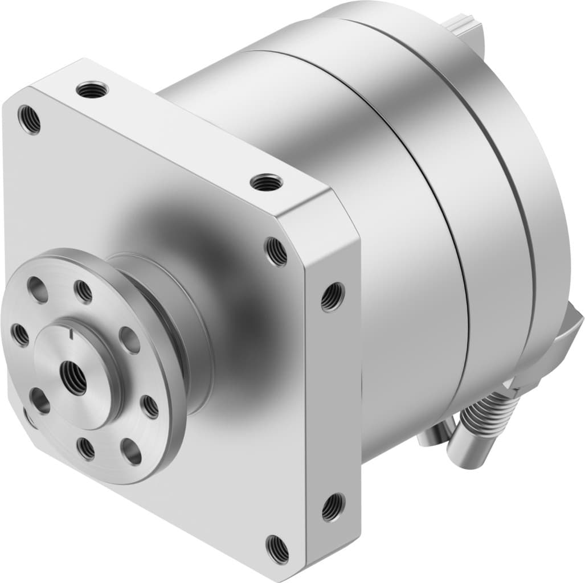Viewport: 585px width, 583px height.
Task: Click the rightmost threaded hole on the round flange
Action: click(150, 406)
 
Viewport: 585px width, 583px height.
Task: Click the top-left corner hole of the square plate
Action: click(29, 119)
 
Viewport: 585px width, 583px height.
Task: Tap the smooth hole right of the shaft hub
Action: click(130, 340)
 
